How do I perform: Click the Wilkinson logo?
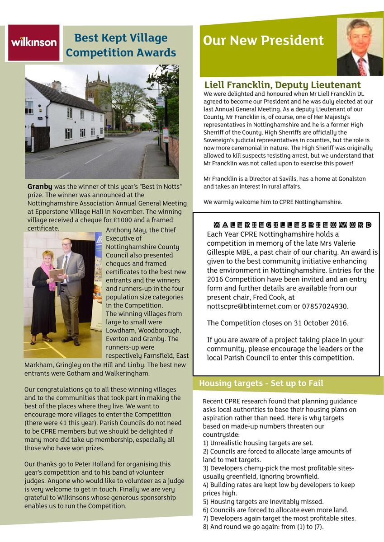34,43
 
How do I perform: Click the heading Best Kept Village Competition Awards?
121,45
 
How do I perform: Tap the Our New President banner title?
263,41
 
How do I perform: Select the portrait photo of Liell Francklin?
360,47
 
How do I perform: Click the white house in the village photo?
63,115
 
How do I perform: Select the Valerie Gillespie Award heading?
292,225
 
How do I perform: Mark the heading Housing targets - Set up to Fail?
261,383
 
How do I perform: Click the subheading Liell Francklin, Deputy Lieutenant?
283,85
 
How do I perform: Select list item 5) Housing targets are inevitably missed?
263,501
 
